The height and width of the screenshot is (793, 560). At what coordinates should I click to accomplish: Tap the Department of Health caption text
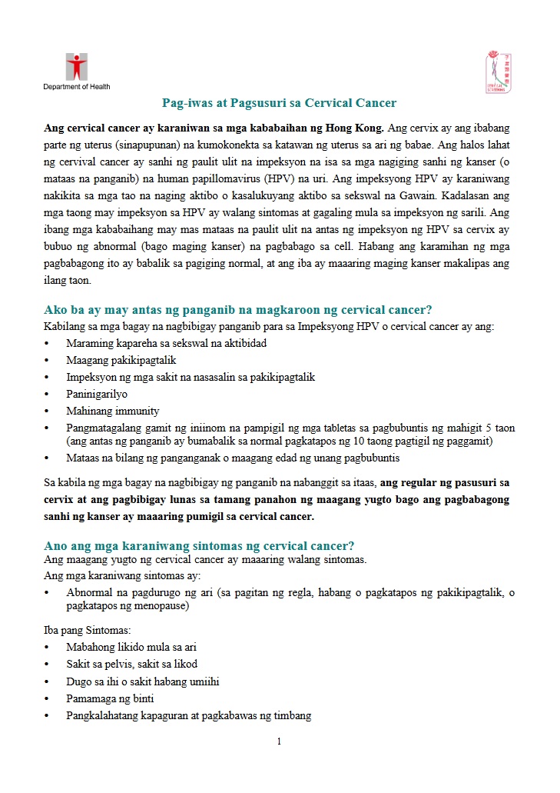pos(76,86)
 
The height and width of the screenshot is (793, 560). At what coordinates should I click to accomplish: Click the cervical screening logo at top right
pos(496,72)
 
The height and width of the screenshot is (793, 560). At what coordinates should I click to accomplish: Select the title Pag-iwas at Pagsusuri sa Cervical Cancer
pos(279,102)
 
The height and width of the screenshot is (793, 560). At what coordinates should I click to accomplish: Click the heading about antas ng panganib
pos(238,310)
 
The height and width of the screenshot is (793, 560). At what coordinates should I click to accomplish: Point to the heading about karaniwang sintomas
pos(199,545)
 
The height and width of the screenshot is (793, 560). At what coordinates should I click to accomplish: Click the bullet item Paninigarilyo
pos(97,394)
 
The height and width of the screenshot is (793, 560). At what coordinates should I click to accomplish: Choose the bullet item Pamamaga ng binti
pos(110,698)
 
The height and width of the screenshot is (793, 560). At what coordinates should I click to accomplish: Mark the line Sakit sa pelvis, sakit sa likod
pos(131,664)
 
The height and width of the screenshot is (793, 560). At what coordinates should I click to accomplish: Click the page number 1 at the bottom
pos(279,741)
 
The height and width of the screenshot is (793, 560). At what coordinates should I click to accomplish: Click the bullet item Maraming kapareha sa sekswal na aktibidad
pos(167,343)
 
